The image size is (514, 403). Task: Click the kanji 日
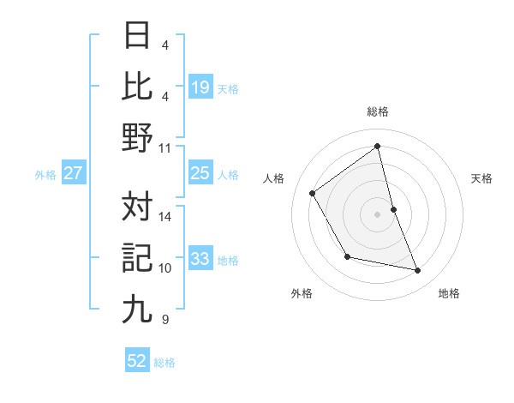[x=137, y=37]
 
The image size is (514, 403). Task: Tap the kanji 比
[x=137, y=87]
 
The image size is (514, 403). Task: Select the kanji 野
[x=137, y=136]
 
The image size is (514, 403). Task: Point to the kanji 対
[x=137, y=206]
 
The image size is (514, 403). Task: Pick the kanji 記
[x=137, y=256]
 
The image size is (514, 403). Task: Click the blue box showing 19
[x=200, y=87]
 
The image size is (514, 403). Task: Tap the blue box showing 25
[x=200, y=173]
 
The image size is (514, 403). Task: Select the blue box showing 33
[x=200, y=259]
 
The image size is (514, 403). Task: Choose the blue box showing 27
[x=73, y=173]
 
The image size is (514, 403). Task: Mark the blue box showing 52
[x=137, y=361]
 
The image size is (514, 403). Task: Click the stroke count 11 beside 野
[x=164, y=147]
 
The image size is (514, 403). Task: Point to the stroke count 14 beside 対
[x=165, y=217]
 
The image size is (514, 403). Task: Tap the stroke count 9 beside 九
[x=164, y=320]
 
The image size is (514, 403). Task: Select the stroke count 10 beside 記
[x=165, y=268]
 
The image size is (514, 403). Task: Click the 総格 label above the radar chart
[x=378, y=111]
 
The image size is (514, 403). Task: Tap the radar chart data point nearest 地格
[x=418, y=271]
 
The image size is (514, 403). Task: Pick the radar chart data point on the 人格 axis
[x=313, y=193]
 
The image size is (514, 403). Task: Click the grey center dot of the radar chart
[x=378, y=214]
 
